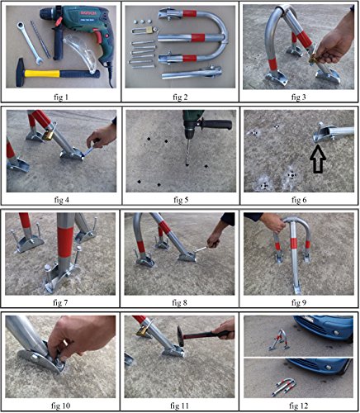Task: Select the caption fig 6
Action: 299,200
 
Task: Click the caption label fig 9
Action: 299,302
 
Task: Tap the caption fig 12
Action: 299,405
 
